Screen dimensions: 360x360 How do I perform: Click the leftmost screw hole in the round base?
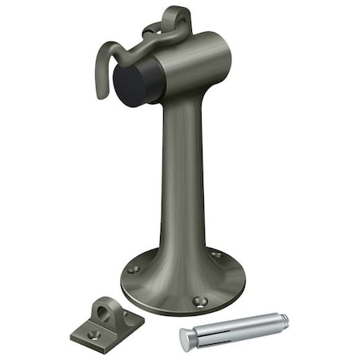coord(133,269)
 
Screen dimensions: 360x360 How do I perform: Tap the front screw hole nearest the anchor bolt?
coord(200,302)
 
